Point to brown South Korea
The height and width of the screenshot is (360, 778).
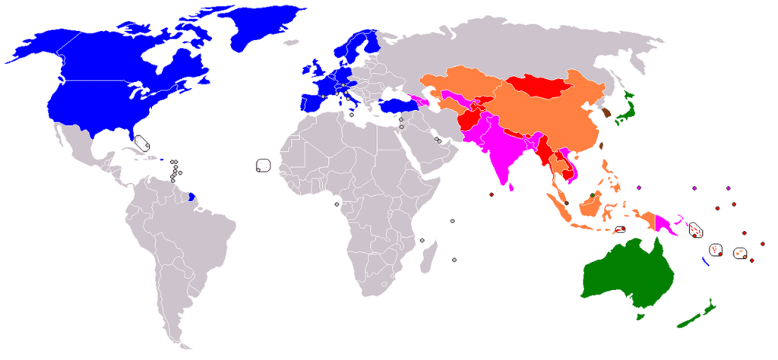(606, 115)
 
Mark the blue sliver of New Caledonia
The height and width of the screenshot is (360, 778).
(706, 261)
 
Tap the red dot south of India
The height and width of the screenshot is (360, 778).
(492, 195)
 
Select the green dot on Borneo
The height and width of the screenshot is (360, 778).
(592, 196)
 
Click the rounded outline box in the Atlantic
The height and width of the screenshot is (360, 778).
(264, 166)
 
